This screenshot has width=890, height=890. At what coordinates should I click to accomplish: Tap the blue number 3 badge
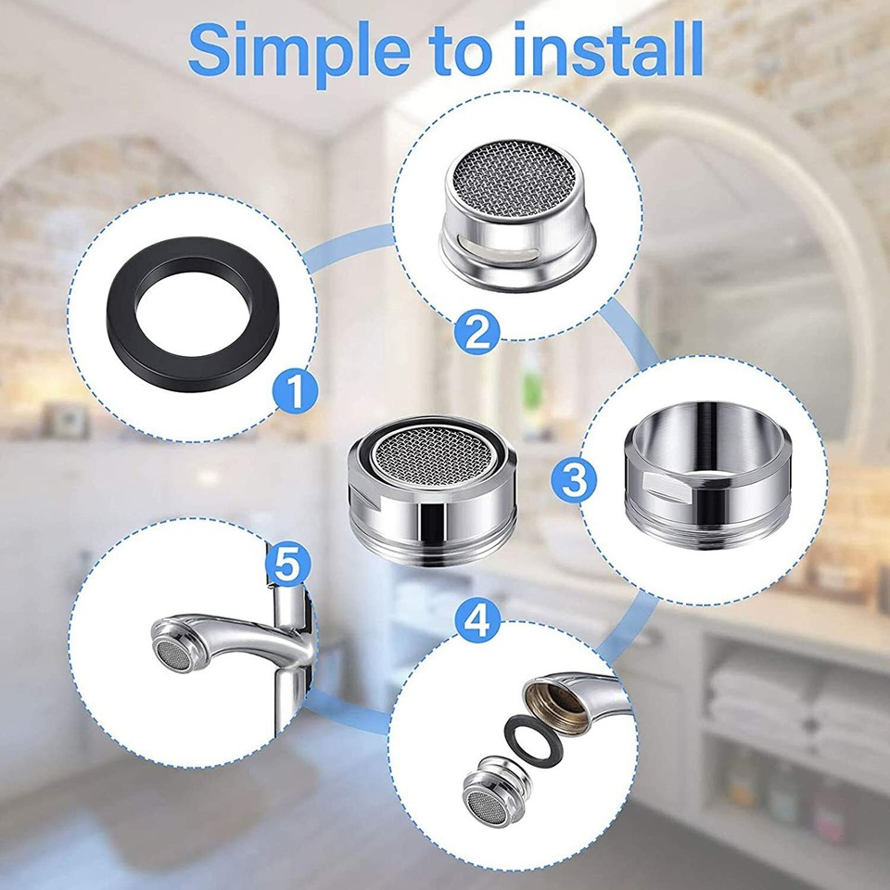[576, 479]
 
